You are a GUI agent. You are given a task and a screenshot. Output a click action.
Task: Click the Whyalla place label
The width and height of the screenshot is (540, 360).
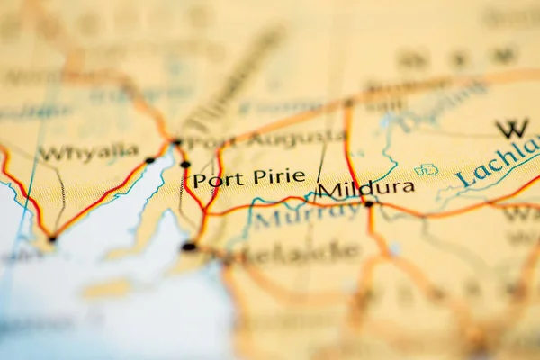pyautogui.click(x=88, y=152)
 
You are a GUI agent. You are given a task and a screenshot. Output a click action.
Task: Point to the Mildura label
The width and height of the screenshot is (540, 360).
pyautogui.click(x=366, y=188)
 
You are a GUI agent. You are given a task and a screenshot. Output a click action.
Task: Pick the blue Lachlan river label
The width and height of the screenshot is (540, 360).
pyautogui.click(x=498, y=162)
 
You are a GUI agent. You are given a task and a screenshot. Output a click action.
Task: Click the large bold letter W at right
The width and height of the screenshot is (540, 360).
pyautogui.click(x=512, y=129)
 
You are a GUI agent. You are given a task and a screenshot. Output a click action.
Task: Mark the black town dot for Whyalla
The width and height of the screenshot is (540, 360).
pyautogui.click(x=149, y=160)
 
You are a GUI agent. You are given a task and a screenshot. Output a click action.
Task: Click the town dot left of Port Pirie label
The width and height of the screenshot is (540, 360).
pyautogui.click(x=185, y=165)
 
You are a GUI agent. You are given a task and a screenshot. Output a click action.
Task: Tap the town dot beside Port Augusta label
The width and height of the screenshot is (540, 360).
pyautogui.click(x=177, y=142)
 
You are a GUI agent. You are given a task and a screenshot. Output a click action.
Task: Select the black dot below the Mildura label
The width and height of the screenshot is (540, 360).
pyautogui.click(x=368, y=204)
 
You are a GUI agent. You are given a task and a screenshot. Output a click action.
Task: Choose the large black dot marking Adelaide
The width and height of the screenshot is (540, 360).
pyautogui.click(x=189, y=246)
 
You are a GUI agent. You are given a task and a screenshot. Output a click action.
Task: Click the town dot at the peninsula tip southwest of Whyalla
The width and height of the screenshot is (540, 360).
pyautogui.click(x=52, y=238)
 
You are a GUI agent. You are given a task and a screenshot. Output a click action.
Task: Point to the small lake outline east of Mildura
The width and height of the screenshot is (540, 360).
pyautogui.click(x=426, y=169)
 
